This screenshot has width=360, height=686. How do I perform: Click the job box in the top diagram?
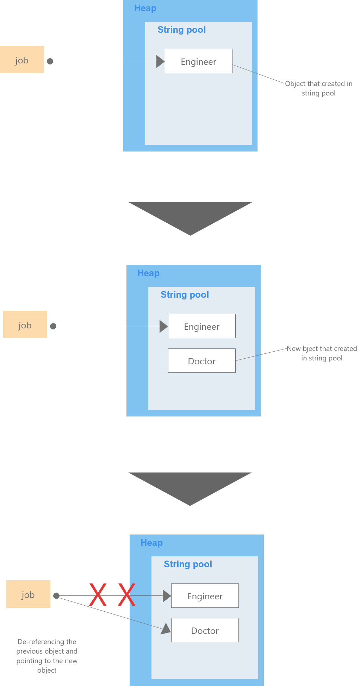[22, 60]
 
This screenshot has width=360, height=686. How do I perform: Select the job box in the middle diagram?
[25, 325]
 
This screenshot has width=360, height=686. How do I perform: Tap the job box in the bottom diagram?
[28, 594]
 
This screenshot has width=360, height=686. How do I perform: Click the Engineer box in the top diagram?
[198, 61]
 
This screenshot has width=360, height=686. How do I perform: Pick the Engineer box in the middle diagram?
[201, 326]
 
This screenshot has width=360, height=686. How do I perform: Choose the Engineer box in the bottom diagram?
[205, 596]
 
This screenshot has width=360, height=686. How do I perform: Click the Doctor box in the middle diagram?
[201, 361]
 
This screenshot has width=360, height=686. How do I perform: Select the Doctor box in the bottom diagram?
[205, 630]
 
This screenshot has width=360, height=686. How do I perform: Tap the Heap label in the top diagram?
[145, 8]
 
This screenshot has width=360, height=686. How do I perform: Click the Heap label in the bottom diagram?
[151, 543]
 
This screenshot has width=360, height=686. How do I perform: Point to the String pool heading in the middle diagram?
[185, 295]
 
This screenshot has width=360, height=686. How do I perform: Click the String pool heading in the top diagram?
[181, 30]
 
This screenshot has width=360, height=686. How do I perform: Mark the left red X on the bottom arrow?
[98, 595]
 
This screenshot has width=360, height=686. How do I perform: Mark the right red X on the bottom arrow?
[126, 595]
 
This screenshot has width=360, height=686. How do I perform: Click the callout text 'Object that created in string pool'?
[318, 88]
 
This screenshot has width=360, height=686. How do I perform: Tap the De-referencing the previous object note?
[47, 656]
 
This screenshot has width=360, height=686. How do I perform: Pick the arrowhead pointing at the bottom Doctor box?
[166, 629]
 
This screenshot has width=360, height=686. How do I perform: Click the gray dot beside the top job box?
[50, 61]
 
